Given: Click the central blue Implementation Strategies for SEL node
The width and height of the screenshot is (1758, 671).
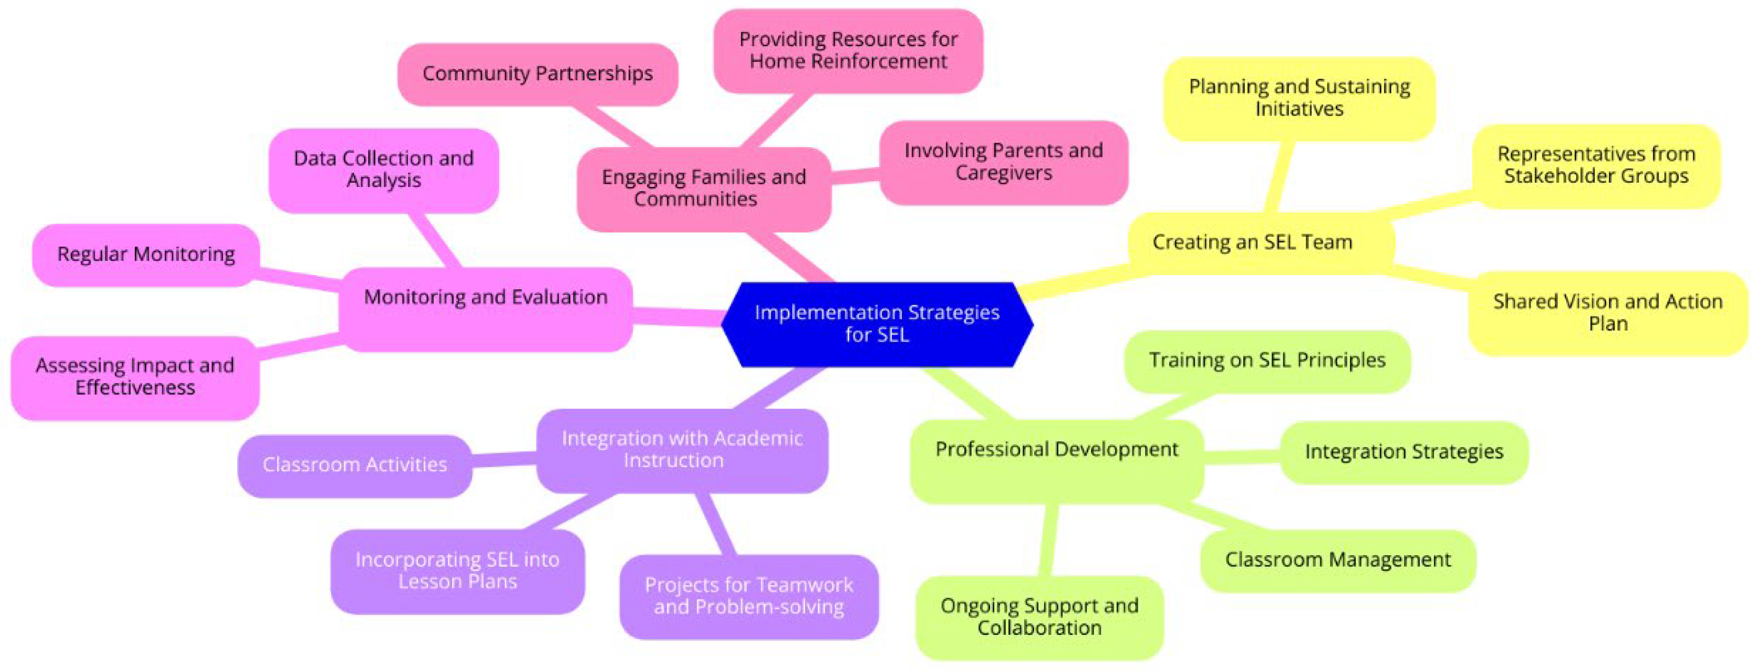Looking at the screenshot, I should point(877,324).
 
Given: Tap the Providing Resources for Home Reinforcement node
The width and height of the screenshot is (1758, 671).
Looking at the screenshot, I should point(848,50).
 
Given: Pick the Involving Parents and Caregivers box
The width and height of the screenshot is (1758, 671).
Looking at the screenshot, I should point(1003,162).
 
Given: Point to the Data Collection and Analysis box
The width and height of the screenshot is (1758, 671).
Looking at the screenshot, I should point(383,169).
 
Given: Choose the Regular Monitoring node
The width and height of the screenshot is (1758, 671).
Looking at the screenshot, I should point(145,254).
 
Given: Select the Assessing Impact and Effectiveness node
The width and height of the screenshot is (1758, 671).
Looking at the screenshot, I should point(135,377).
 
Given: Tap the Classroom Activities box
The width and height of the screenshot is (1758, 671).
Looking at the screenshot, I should point(354,465).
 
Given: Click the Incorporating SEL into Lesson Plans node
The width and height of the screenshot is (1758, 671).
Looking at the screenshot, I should point(457,570).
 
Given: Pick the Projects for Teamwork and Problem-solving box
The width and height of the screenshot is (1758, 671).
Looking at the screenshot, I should point(749,596).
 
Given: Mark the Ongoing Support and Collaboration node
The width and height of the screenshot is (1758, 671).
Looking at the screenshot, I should point(1039,617).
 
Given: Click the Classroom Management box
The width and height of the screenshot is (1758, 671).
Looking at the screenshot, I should point(1337,560).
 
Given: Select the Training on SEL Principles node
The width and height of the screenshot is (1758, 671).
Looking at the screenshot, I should point(1267,360).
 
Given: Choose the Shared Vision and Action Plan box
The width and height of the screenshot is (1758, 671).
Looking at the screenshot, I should point(1607,313).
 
